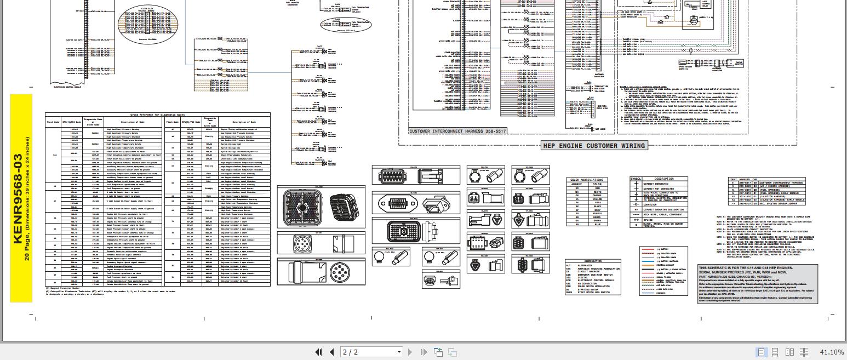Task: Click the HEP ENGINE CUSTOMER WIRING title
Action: pos(594,145)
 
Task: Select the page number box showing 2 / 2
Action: pos(371,352)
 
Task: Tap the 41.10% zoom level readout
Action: pos(832,352)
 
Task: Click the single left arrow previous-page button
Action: pos(331,352)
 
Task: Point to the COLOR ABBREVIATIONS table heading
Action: pos(586,180)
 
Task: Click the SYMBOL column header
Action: pos(636,179)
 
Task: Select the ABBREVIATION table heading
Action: pos(593,261)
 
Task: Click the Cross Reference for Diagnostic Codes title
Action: pos(157,115)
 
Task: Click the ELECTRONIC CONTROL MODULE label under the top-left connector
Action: pos(66,87)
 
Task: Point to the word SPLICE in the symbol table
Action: pos(649,219)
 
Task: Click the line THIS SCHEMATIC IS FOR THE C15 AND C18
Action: pos(745,268)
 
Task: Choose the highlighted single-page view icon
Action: pos(761,352)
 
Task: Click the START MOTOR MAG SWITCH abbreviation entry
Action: pos(594,292)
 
